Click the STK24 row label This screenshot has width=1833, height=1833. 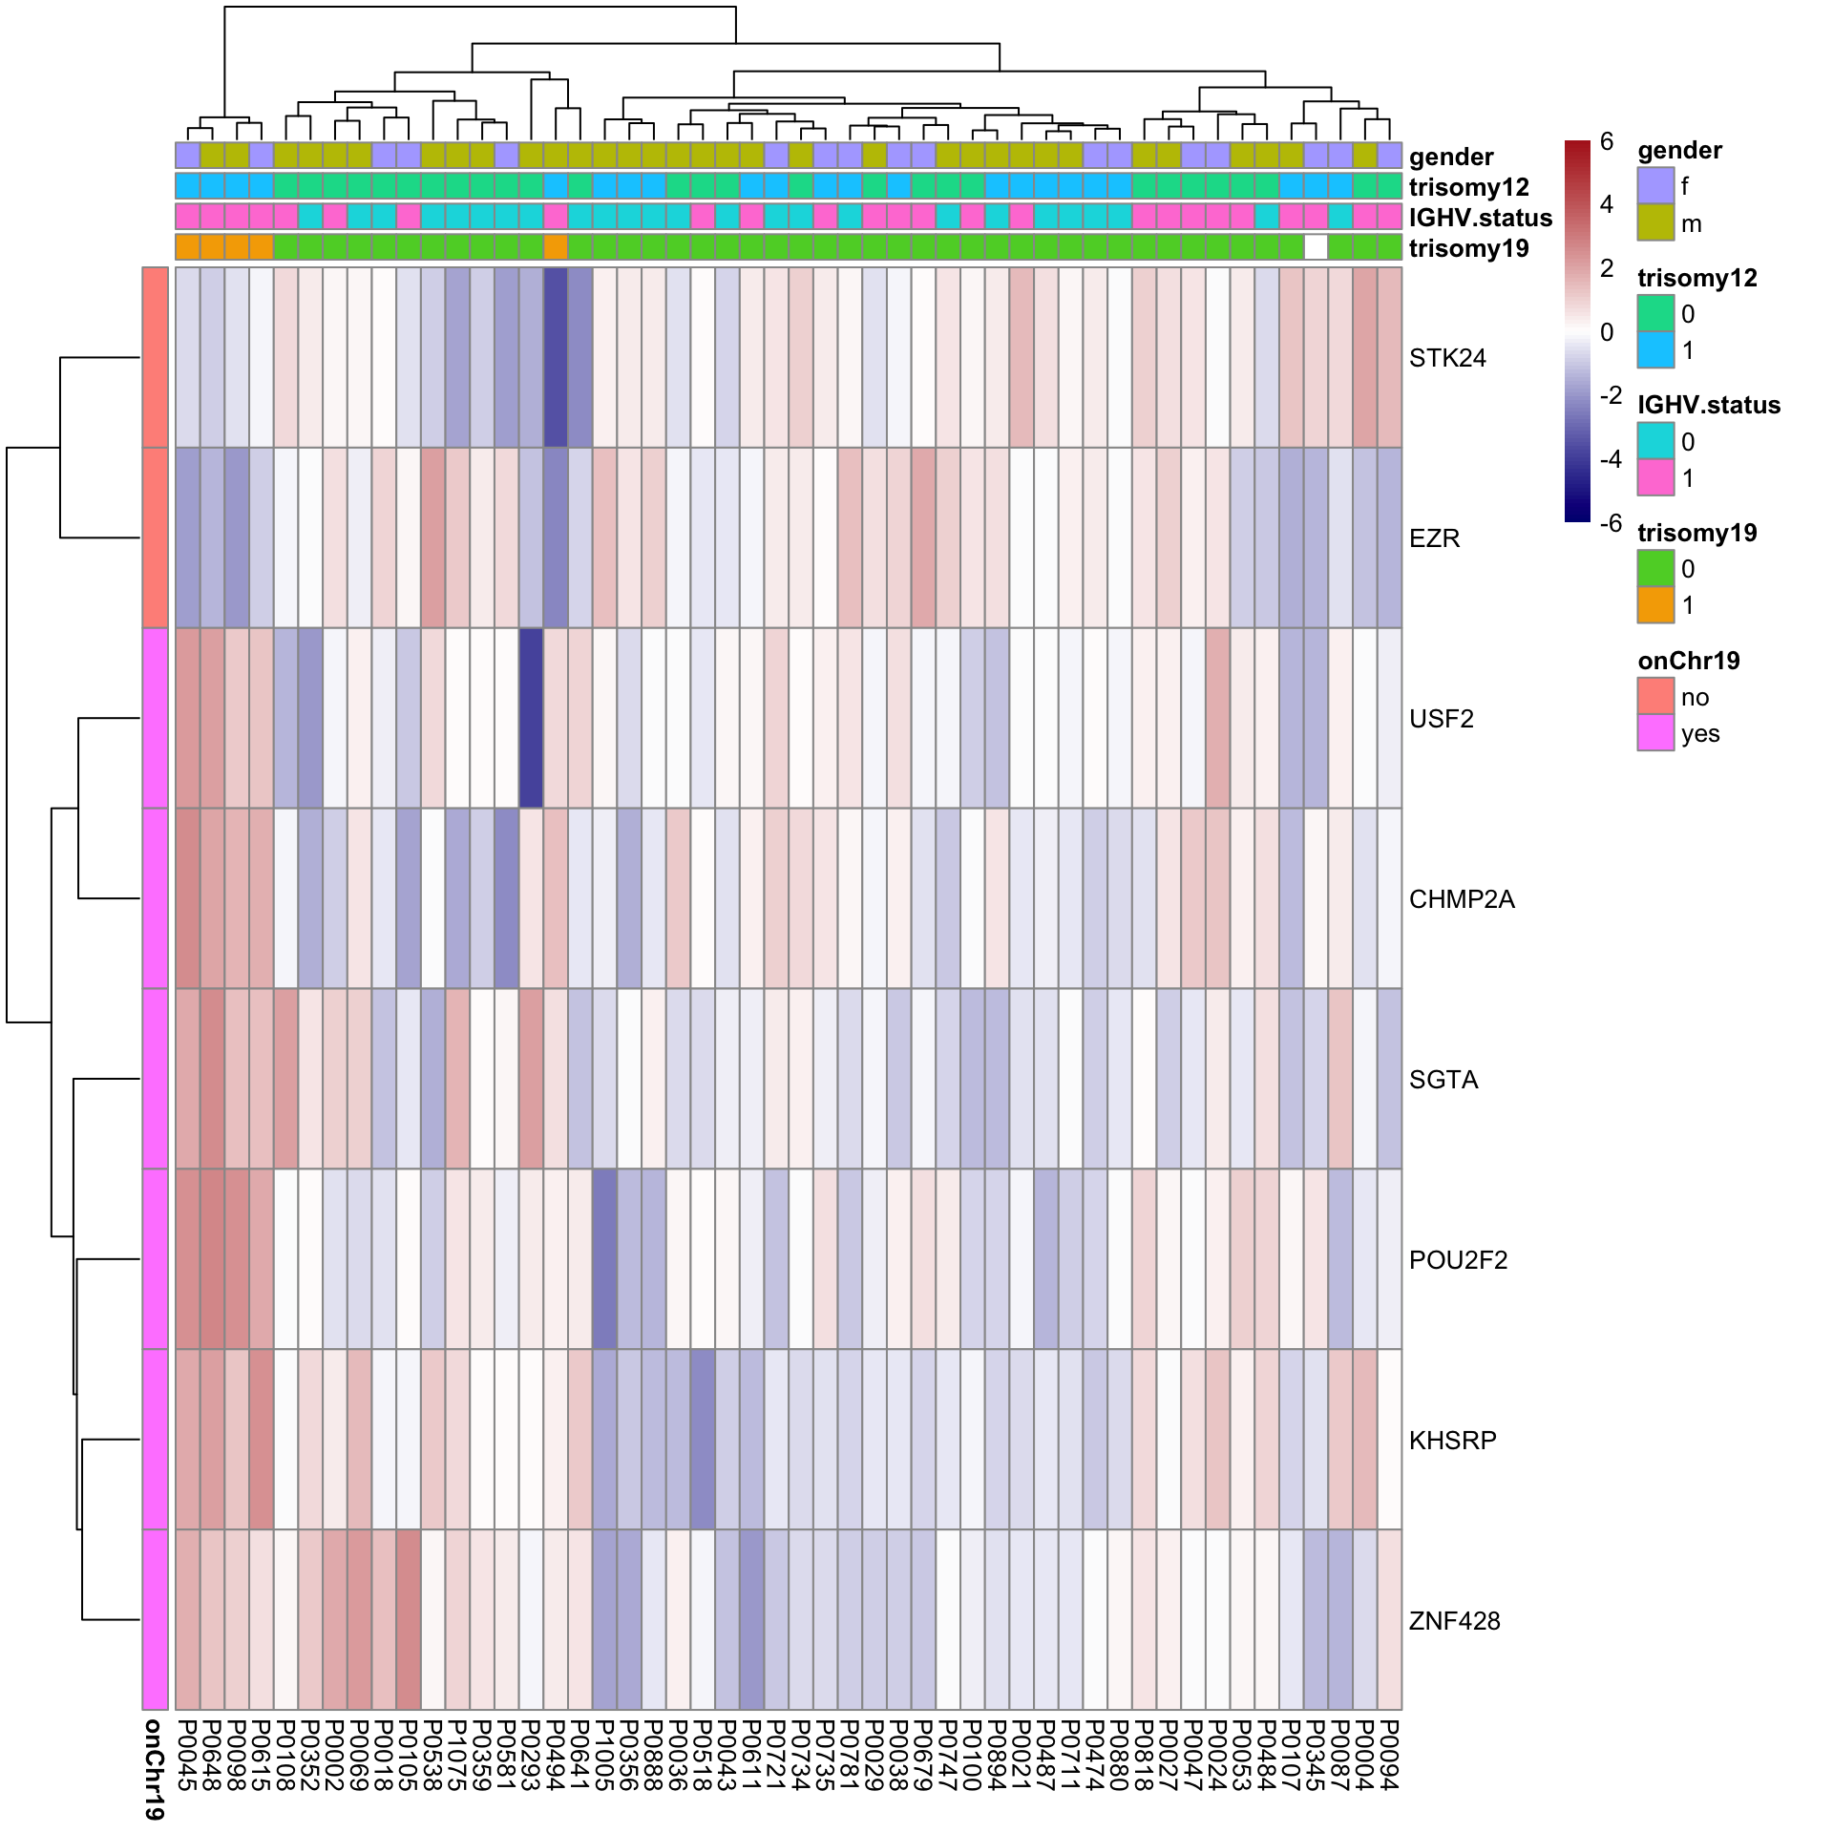tap(1447, 358)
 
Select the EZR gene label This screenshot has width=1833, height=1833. tap(1434, 538)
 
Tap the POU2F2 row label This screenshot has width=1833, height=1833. tap(1458, 1260)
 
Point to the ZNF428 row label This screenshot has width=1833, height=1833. tap(1454, 1621)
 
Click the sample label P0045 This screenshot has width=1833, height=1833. tap(187, 1756)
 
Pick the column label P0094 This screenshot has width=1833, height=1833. tap(1389, 1756)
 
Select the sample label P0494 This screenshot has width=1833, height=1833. tap(556, 1756)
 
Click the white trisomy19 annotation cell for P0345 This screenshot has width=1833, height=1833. tap(1316, 247)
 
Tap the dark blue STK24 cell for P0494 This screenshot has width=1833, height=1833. tap(556, 357)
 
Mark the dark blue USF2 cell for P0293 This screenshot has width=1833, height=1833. tap(531, 718)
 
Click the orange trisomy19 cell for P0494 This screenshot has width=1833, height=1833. tap(556, 247)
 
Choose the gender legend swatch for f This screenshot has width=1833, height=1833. tap(1655, 185)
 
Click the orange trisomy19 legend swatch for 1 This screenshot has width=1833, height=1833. tap(1655, 604)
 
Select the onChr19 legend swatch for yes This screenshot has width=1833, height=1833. tap(1655, 733)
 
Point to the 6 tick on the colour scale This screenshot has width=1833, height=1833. tap(1607, 142)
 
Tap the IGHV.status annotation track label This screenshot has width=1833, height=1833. tap(1480, 218)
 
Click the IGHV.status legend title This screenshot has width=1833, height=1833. tap(1709, 405)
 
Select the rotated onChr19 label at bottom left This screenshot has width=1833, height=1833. tap(154, 1769)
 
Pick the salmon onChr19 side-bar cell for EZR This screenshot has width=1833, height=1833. tap(156, 537)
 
